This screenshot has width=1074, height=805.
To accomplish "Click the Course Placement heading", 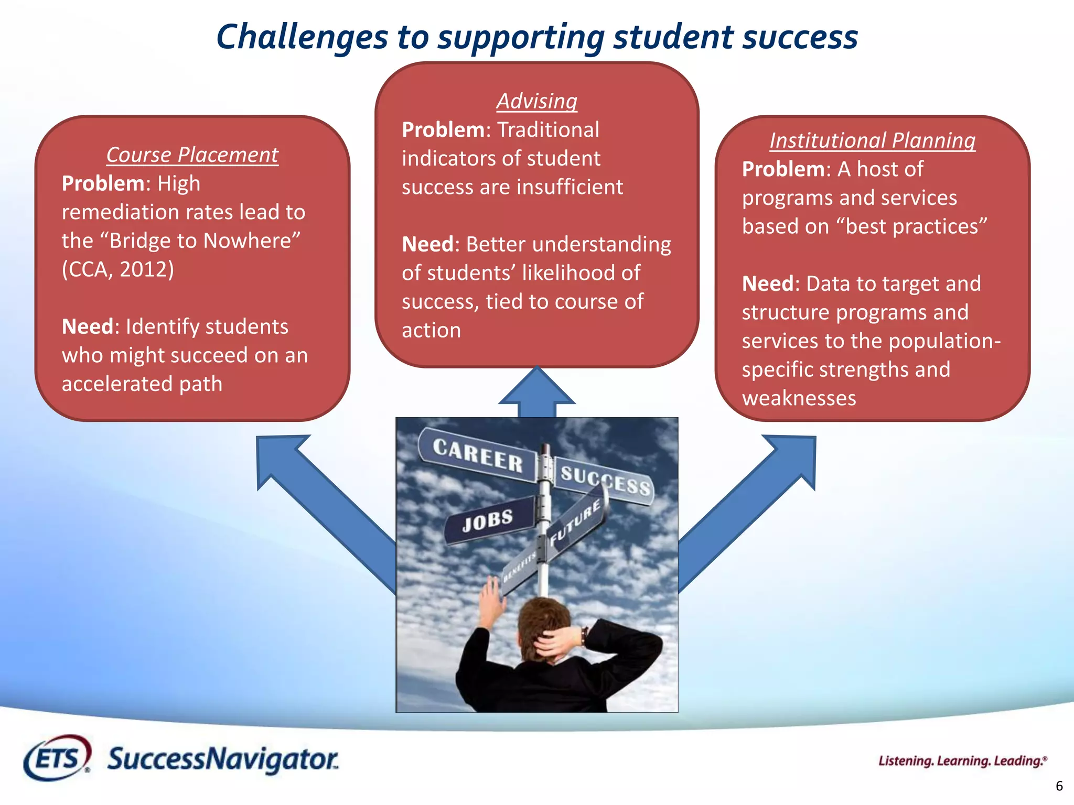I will (x=192, y=155).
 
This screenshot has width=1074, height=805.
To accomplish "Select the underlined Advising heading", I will (x=536, y=101).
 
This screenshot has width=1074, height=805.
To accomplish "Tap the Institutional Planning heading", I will (x=872, y=140).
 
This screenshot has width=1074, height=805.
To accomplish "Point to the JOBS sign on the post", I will (x=488, y=520).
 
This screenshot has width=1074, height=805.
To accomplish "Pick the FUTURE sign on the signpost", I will (x=575, y=522).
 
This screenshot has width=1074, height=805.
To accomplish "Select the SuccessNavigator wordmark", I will (x=223, y=759).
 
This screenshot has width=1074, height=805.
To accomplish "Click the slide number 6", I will (x=1059, y=786).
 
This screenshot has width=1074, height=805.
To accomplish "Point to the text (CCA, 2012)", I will (x=118, y=269).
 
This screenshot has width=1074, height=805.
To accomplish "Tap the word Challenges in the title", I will (x=302, y=37).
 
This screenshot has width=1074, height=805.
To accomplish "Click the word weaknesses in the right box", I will (x=799, y=398).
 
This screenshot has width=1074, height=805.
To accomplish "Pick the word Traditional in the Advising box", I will (x=548, y=130).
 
